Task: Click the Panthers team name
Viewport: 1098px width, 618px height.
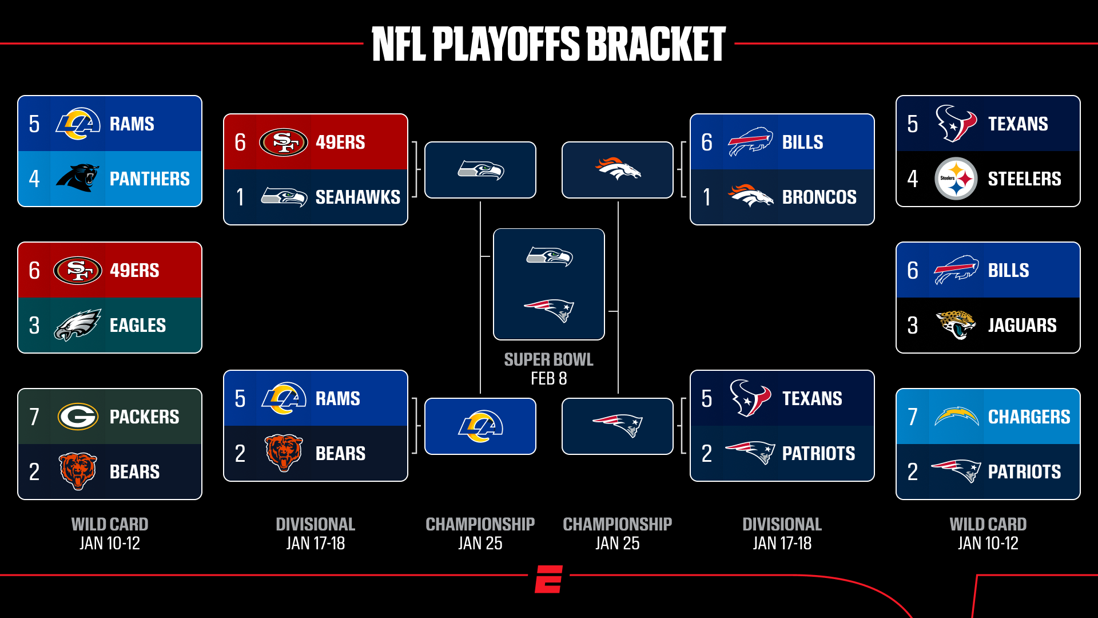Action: (x=149, y=179)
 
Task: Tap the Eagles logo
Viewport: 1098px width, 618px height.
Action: (x=78, y=324)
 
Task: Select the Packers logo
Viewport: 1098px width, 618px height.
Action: (x=78, y=417)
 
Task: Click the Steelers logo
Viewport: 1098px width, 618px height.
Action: (x=956, y=179)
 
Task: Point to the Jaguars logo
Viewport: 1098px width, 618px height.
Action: (x=956, y=324)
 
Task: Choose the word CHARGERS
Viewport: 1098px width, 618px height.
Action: (x=1029, y=417)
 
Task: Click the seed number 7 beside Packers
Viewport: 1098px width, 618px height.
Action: (x=34, y=417)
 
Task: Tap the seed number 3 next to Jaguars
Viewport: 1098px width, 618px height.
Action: (x=913, y=326)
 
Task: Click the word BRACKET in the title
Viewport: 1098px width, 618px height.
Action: (x=656, y=44)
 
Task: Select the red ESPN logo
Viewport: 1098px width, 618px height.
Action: (x=549, y=579)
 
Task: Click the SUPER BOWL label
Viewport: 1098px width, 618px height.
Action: (x=548, y=359)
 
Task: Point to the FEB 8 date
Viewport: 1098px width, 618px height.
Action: (x=548, y=379)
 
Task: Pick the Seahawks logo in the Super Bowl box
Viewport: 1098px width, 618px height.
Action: (x=550, y=256)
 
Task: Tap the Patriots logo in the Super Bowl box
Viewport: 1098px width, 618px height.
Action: (x=549, y=310)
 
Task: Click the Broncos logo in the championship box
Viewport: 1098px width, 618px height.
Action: (x=618, y=169)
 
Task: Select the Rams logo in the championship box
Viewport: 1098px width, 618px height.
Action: (x=480, y=426)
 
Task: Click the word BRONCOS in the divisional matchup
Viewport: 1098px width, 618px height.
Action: (x=819, y=197)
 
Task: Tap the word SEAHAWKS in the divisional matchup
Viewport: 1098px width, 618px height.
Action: (x=358, y=197)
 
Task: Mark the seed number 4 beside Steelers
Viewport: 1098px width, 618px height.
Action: (x=913, y=179)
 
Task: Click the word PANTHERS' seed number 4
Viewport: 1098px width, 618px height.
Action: (x=34, y=179)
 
